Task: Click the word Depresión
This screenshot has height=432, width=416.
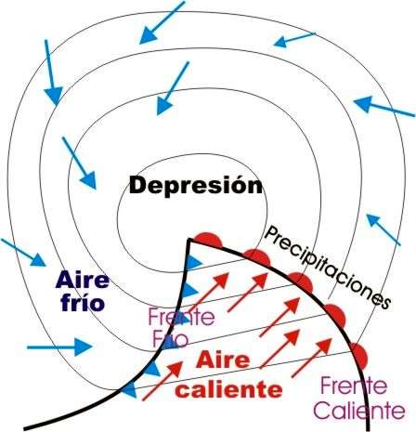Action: [x=196, y=186]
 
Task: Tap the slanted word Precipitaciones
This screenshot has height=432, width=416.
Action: [x=328, y=267]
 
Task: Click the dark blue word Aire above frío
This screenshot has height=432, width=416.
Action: [x=83, y=280]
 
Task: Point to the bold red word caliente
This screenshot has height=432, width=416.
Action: [x=228, y=389]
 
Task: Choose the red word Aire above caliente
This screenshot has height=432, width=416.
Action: [x=223, y=360]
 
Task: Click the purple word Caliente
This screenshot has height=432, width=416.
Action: [x=359, y=411]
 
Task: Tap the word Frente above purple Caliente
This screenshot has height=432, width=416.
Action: [x=354, y=386]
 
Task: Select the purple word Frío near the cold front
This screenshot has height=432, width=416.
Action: [x=171, y=338]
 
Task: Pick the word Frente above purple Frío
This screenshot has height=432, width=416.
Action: [x=181, y=317]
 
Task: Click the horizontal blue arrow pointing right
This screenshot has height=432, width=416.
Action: [x=59, y=347]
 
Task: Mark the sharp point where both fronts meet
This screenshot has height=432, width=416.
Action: [x=188, y=240]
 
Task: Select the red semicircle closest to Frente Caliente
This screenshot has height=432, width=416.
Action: [x=359, y=355]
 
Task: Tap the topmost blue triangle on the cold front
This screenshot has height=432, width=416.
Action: [x=193, y=263]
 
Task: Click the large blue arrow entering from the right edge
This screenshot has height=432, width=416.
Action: [x=384, y=107]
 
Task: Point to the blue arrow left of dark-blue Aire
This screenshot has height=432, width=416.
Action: [x=23, y=253]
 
